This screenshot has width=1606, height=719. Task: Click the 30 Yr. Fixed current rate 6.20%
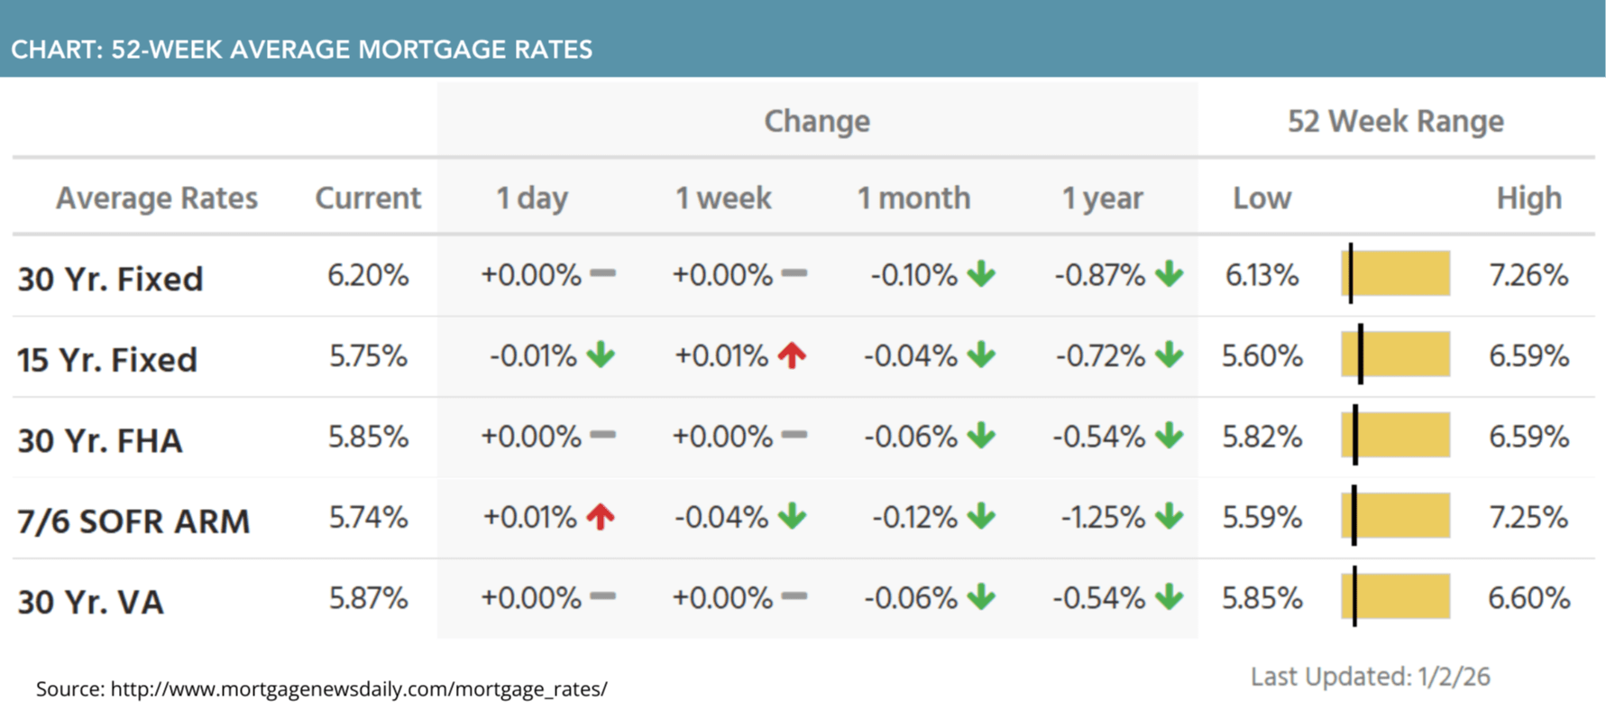[368, 275]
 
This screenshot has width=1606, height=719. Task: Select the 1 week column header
[723, 198]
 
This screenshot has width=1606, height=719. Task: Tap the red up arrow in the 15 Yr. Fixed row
[792, 355]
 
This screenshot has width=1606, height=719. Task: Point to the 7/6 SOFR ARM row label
[133, 521]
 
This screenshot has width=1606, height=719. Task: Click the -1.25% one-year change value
[1103, 518]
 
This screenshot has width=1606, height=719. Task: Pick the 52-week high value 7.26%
[1528, 275]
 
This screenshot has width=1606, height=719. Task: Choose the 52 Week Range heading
[1395, 121]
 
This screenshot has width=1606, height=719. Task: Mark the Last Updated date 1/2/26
[1454, 677]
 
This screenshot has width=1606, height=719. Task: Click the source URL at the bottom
[359, 689]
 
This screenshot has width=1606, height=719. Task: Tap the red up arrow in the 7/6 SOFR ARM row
[601, 517]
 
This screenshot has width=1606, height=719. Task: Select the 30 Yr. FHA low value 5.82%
[1262, 437]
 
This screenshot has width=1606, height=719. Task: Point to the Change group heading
[817, 121]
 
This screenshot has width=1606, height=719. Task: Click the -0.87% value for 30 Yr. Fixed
[1100, 275]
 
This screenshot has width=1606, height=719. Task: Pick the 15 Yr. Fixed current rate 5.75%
[368, 356]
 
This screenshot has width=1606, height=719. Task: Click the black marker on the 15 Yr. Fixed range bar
[1360, 354]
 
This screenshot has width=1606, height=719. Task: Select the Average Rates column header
[157, 198]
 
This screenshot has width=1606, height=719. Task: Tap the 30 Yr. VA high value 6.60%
[1528, 598]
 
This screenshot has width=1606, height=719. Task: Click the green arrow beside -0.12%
[981, 517]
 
